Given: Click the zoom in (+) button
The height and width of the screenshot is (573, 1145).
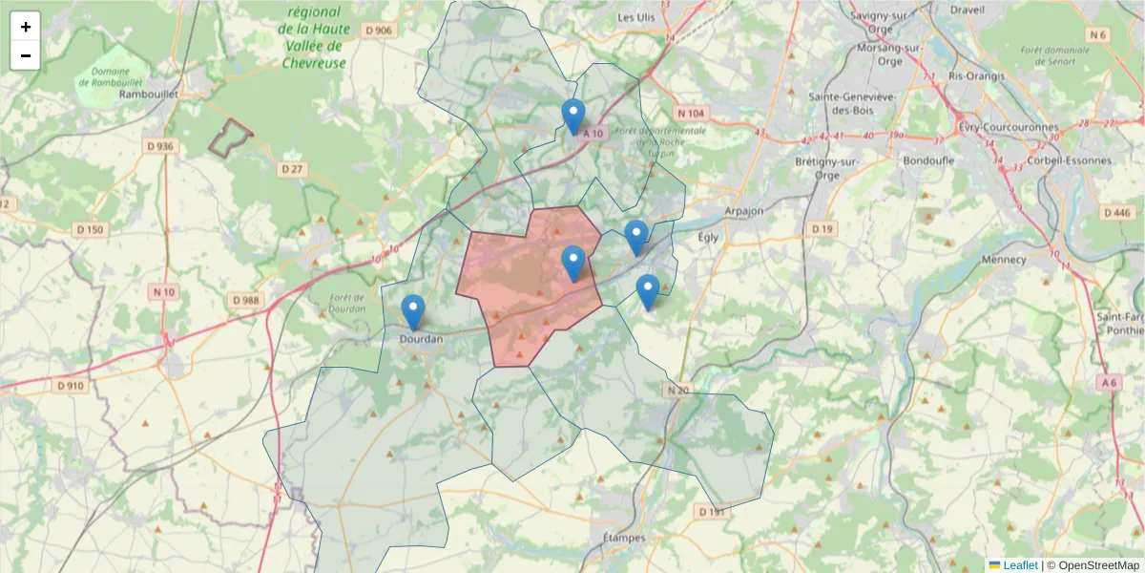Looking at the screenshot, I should [26, 27].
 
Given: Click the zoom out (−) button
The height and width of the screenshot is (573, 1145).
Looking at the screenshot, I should [26, 55].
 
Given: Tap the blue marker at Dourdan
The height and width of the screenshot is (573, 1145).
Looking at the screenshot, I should [413, 312].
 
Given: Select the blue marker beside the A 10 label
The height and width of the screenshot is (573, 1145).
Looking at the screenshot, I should [572, 117].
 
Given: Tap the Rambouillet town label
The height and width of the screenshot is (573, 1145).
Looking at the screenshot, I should [144, 95].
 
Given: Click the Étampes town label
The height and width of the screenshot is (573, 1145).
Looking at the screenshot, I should [624, 538].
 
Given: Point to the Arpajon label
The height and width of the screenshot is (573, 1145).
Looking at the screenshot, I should [744, 210].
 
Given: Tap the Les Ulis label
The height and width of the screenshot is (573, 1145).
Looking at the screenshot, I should [638, 16].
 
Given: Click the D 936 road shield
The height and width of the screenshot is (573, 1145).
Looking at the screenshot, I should [160, 146].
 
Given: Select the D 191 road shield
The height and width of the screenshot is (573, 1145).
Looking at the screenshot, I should [712, 513].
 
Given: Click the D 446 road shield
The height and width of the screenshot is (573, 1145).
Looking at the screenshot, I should [1115, 212].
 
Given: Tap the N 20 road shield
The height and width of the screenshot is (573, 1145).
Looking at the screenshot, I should [677, 390].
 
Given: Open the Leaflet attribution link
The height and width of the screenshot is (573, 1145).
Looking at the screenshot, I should [1019, 565].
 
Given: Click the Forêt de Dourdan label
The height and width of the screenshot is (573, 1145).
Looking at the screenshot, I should [347, 303].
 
